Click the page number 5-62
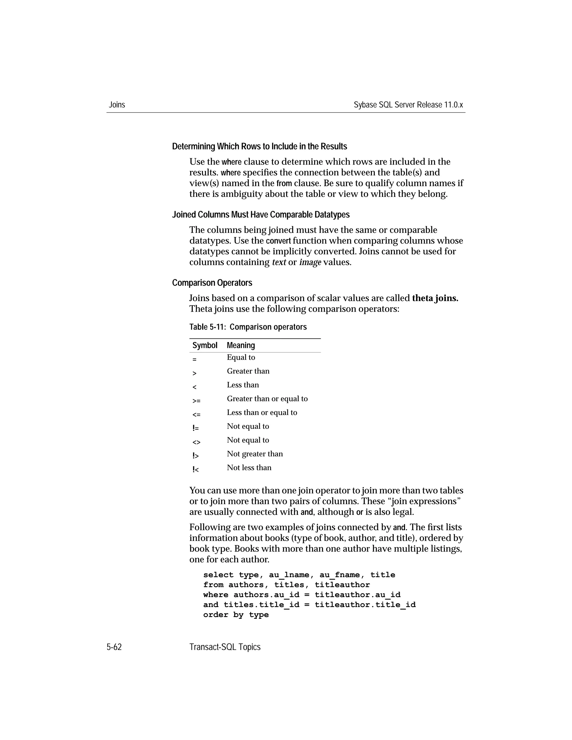114,647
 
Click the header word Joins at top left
117,105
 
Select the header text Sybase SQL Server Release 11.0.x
408,105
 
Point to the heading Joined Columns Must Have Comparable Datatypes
261,215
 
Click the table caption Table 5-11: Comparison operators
248,327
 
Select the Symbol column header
205,345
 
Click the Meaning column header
240,345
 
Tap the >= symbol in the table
196,401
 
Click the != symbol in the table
196,428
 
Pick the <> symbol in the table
196,442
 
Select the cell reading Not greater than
254,454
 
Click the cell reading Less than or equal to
262,413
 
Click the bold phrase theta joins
435,298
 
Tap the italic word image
310,262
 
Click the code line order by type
236,615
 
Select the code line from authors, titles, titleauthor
286,585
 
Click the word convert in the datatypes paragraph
278,241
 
